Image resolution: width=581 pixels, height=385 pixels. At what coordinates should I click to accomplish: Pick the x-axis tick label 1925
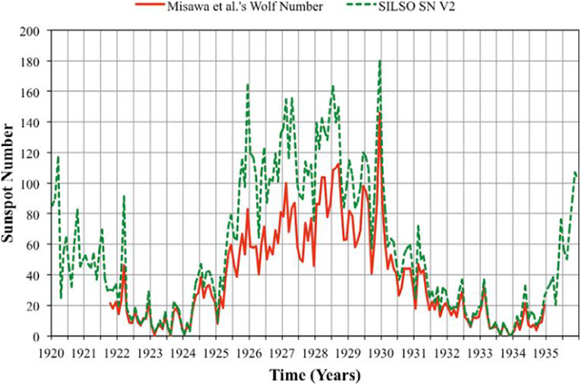pos(216,350)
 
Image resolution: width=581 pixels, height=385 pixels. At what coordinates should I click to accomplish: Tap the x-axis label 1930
pos(380,350)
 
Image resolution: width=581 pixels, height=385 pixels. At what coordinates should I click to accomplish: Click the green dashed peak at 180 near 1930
pos(379,61)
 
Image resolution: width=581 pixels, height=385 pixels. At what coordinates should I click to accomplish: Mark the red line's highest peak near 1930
pos(379,115)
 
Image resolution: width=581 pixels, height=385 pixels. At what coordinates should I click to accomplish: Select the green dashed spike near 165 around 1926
pos(248,84)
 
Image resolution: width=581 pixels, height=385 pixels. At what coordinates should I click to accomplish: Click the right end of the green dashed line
pos(576,173)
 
